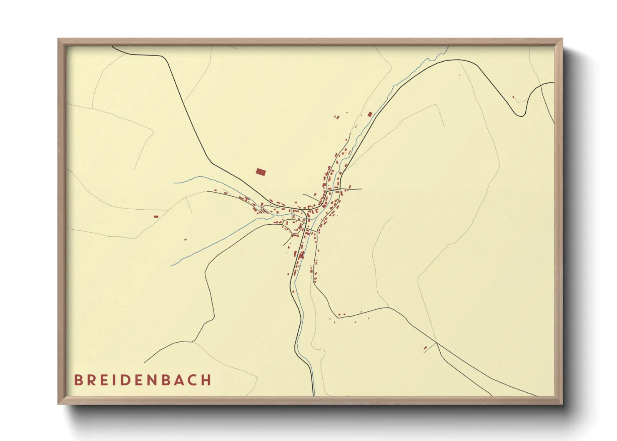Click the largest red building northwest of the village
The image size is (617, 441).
coord(261,172)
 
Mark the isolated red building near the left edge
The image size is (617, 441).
coord(156,216)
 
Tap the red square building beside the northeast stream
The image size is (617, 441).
coord(369,114)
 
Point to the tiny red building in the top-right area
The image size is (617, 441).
coord(514,97)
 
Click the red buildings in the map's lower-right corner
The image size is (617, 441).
coord(425,347)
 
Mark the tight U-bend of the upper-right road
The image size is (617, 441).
coord(521,115)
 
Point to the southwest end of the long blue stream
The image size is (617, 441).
coord(171,265)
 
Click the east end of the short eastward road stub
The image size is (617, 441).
coord(361,189)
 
